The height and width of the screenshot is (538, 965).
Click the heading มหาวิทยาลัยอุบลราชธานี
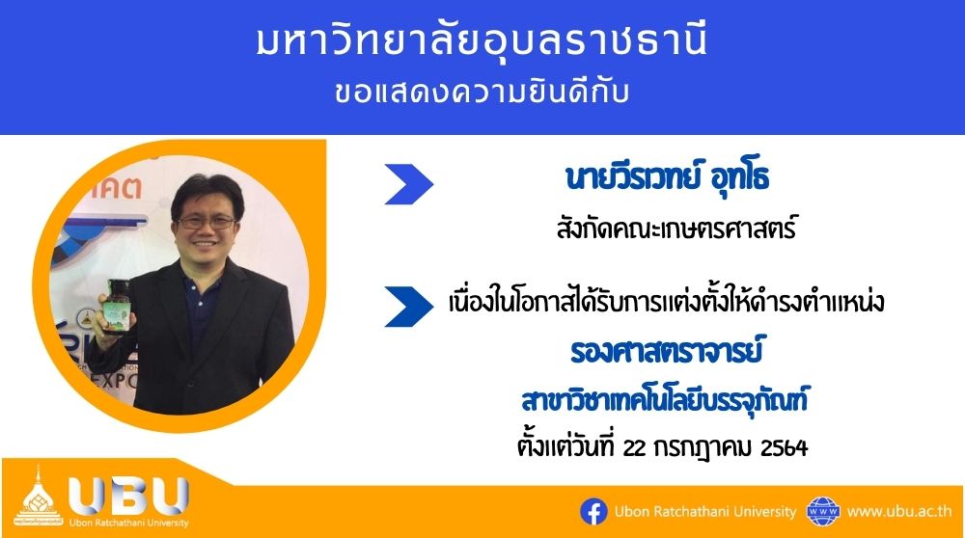pyautogui.click(x=482, y=40)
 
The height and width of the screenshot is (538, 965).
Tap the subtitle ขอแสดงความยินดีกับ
pyautogui.click(x=482, y=94)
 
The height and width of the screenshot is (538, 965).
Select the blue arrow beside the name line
pyautogui.click(x=408, y=184)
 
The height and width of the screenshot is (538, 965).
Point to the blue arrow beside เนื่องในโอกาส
pyautogui.click(x=408, y=307)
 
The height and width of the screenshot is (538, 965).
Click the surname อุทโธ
pyautogui.click(x=739, y=177)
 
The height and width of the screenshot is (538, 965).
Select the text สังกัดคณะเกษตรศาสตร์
pyautogui.click(x=675, y=229)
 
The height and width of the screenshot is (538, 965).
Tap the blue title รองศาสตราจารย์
pyautogui.click(x=667, y=350)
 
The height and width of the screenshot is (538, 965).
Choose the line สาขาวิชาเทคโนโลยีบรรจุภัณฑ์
pyautogui.click(x=665, y=400)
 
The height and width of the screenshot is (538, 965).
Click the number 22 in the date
pyautogui.click(x=635, y=448)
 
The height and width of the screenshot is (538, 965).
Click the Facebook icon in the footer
pyautogui.click(x=593, y=512)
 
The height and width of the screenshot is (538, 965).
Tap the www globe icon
pyautogui.click(x=823, y=512)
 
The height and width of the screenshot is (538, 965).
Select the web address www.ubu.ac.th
pyautogui.click(x=899, y=511)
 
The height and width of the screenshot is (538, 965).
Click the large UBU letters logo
pyautogui.click(x=128, y=495)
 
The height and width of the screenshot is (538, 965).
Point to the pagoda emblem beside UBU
pyautogui.click(x=39, y=497)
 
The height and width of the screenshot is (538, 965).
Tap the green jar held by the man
pyautogui.click(x=118, y=306)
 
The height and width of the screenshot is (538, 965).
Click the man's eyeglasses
pyautogui.click(x=207, y=222)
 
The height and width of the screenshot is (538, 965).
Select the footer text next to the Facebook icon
pyautogui.click(x=705, y=512)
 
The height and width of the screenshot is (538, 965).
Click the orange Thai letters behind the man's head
pyautogui.click(x=117, y=186)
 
